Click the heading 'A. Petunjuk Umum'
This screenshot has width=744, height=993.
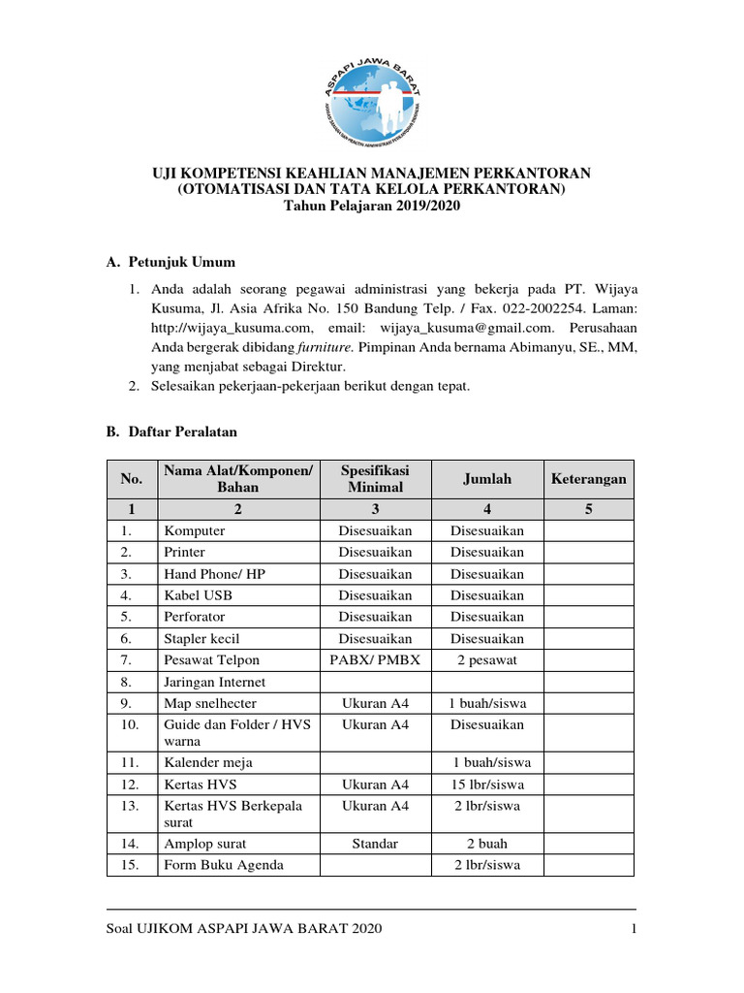(x=170, y=262)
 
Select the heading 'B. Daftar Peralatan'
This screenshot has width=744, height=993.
(x=171, y=431)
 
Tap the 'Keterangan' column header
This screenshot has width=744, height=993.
(x=588, y=479)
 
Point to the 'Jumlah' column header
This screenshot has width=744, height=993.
(x=486, y=479)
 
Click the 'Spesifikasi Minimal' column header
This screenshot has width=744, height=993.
(x=375, y=479)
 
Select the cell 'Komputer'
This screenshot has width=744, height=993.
(x=195, y=530)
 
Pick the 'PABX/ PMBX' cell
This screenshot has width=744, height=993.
(x=375, y=659)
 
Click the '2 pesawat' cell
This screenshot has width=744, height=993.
(x=486, y=659)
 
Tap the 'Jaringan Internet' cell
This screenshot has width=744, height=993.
(x=214, y=682)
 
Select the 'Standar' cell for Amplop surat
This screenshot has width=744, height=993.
(x=375, y=844)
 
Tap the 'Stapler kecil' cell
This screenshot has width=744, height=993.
(x=201, y=638)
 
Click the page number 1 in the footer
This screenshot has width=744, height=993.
(x=632, y=930)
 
